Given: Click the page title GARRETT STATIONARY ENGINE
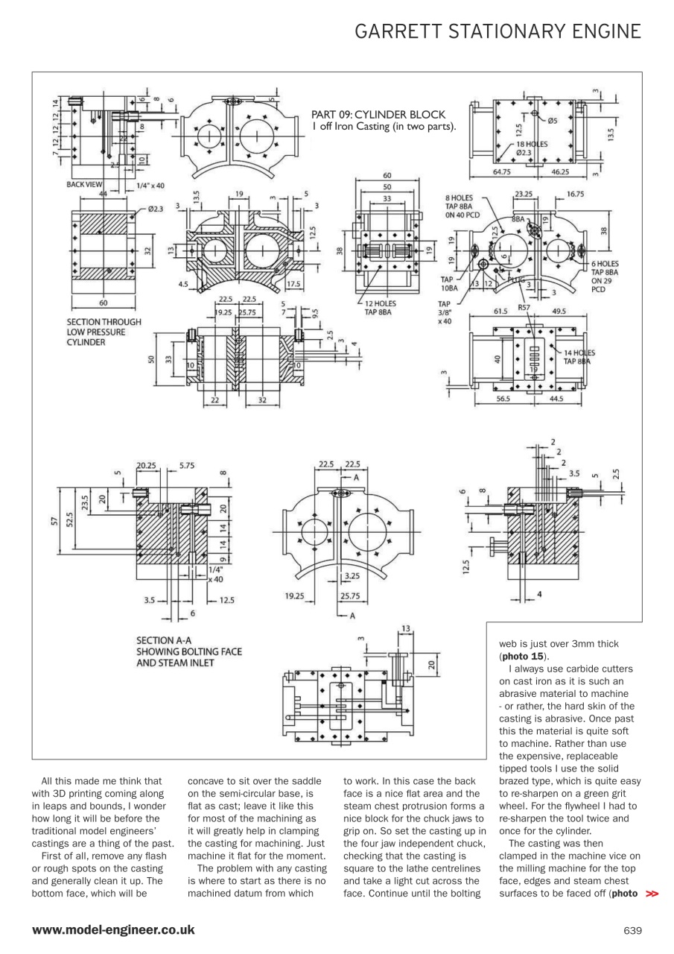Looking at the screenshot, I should [x=497, y=31].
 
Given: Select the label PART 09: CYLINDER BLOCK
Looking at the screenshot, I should [x=378, y=115].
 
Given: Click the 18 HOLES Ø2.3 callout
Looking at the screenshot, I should [x=529, y=148].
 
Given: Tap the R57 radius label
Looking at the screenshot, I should [x=524, y=306].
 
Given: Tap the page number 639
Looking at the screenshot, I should [x=632, y=929].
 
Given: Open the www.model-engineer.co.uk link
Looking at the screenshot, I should [x=113, y=929].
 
